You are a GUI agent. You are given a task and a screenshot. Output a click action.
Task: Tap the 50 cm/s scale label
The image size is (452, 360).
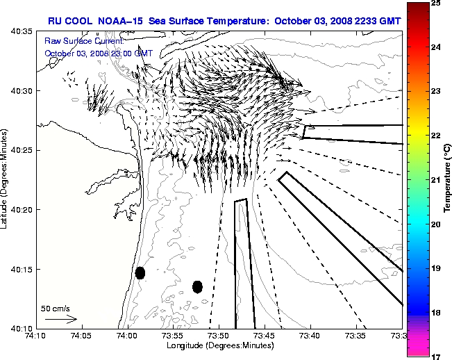[x=56, y=308]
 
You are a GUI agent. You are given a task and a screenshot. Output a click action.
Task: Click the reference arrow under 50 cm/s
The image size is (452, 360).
[x=60, y=319]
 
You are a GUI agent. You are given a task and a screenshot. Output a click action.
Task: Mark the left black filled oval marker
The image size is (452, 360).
[x=140, y=272]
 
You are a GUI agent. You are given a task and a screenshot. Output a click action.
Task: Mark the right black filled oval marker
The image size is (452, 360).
[x=197, y=286]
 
